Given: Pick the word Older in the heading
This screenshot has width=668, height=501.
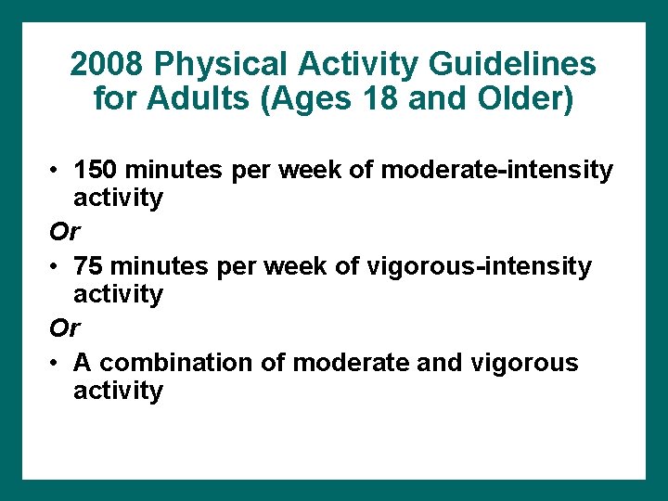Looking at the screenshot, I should [526, 97].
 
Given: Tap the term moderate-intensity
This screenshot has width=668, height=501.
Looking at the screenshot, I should [497, 170].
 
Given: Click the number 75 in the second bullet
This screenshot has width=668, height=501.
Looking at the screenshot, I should [88, 266].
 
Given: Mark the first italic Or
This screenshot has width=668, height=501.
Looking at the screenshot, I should [66, 231].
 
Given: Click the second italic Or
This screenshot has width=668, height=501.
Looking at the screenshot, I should [66, 328].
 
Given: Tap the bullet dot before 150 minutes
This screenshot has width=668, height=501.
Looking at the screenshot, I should [58, 171].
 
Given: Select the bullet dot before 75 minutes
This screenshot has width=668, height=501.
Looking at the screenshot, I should [58, 267].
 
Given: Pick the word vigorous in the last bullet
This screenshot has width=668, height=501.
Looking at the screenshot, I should [525, 363].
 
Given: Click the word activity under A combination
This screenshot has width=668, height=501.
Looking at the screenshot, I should [118, 391].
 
